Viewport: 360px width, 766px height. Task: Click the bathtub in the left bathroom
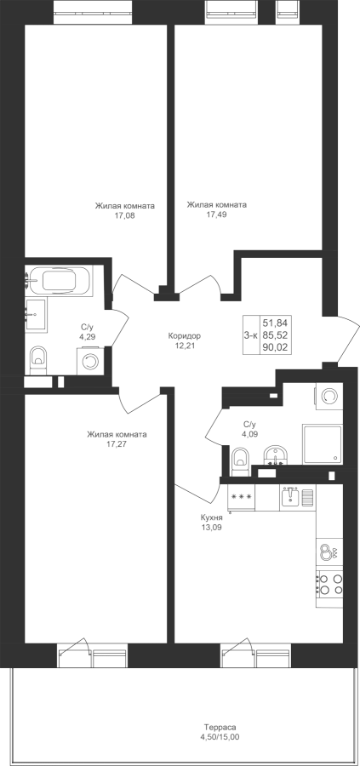pyautogui.click(x=59, y=281)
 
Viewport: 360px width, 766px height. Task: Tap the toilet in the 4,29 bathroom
pyautogui.click(x=38, y=357)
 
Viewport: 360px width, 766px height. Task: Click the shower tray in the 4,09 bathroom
pyautogui.click(x=322, y=444)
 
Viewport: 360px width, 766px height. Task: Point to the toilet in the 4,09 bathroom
pyautogui.click(x=240, y=460)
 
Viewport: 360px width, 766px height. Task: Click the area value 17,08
pyautogui.click(x=124, y=215)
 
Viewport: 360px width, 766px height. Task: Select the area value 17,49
pyautogui.click(x=217, y=214)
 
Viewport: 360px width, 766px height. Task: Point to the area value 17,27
pyautogui.click(x=117, y=443)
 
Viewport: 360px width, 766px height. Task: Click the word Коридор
pyautogui.click(x=184, y=336)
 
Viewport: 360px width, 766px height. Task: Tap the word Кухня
pyautogui.click(x=212, y=517)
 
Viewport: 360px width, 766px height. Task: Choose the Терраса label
pyautogui.click(x=220, y=727)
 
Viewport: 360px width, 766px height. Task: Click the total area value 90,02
pyautogui.click(x=276, y=348)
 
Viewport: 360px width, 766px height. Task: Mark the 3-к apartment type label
pyautogui.click(x=250, y=334)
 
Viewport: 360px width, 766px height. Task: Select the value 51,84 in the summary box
pyautogui.click(x=276, y=323)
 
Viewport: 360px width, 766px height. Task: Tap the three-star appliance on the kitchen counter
pyautogui.click(x=242, y=498)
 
